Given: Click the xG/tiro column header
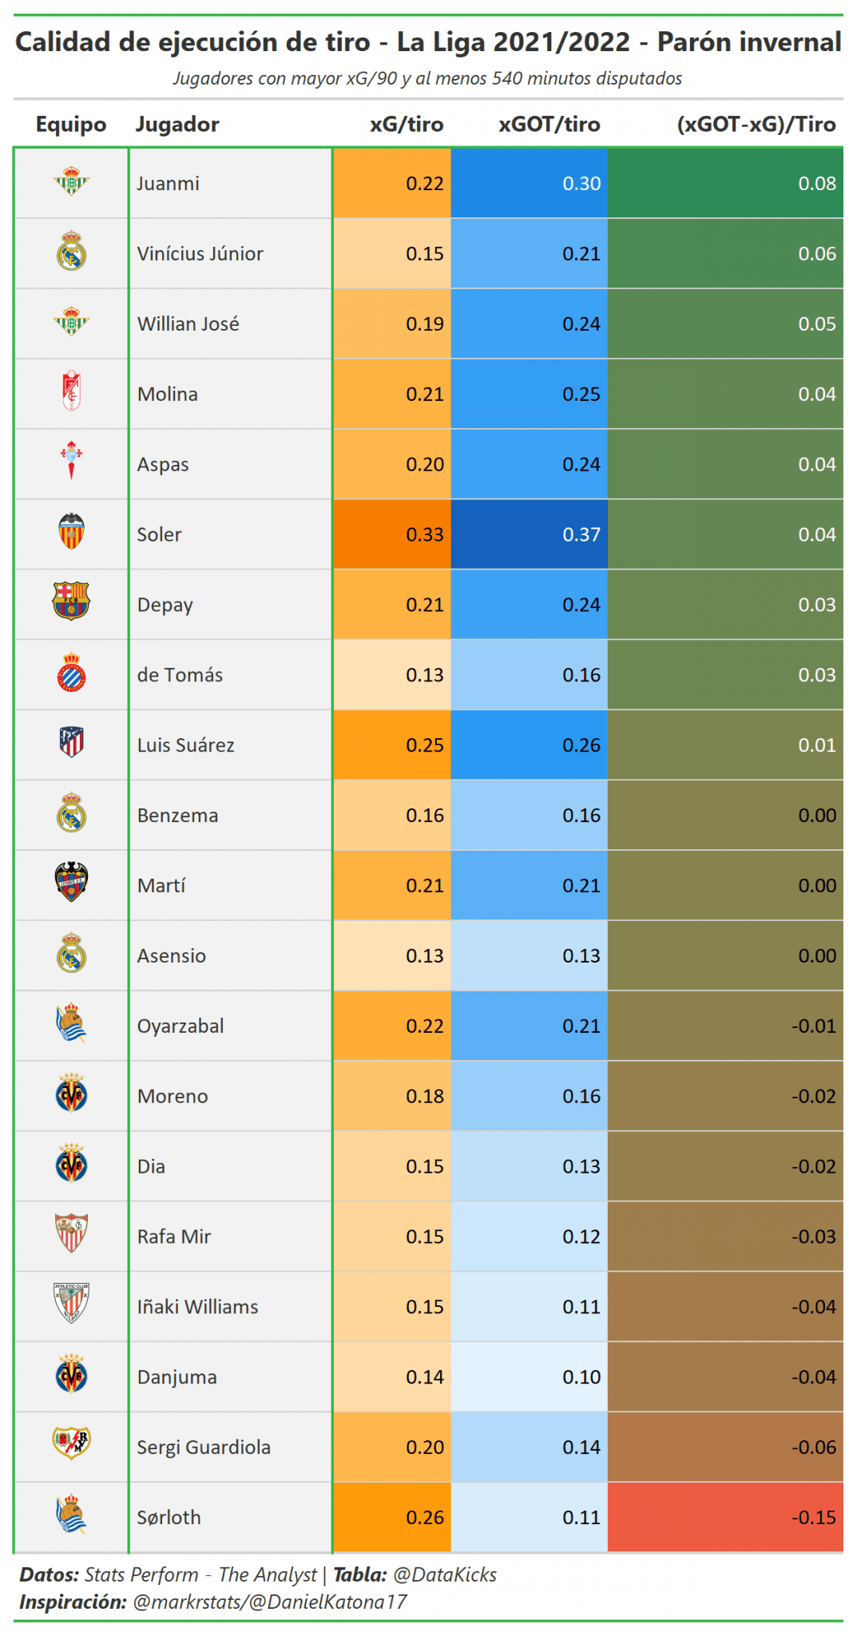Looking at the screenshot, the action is click(x=406, y=125).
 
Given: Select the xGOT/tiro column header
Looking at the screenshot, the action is click(x=550, y=125).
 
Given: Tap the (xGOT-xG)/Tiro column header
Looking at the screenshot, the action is click(x=756, y=125).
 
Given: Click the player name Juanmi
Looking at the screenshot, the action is click(x=168, y=184).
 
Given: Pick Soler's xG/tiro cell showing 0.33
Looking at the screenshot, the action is click(x=392, y=534).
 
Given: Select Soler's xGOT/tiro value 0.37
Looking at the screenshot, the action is click(x=530, y=534).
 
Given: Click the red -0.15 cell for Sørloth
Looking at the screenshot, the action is click(x=725, y=1517).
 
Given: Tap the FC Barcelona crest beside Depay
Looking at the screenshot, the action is click(x=71, y=602).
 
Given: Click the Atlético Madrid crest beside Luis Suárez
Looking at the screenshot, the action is click(x=72, y=742).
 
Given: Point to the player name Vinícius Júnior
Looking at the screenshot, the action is click(x=200, y=254).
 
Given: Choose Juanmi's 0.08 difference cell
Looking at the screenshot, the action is click(x=725, y=184).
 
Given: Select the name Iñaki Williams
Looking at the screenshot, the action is click(x=197, y=1307).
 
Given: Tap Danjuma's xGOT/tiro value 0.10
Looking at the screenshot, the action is click(x=581, y=1377).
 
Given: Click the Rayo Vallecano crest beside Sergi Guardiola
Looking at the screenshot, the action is click(x=71, y=1443).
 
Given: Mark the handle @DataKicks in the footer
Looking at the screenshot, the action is click(x=445, y=1574).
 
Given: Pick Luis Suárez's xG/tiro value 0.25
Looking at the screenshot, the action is click(x=425, y=745).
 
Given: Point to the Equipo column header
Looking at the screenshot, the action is click(x=71, y=125).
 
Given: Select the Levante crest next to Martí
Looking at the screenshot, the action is click(x=71, y=882).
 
